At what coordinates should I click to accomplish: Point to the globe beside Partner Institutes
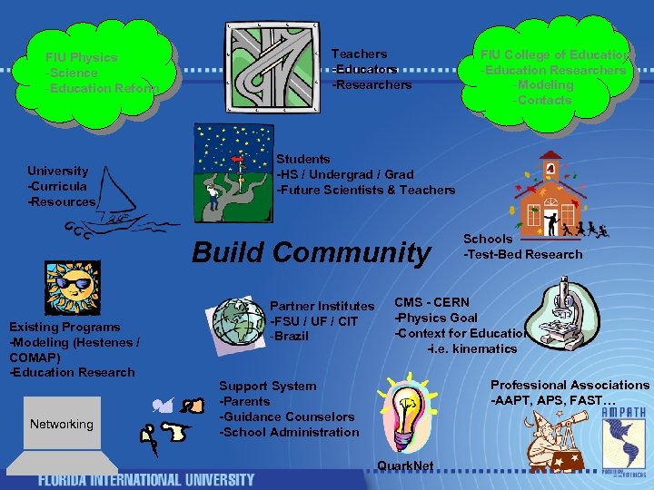pos(238,320)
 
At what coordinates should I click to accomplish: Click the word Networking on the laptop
pos(61,424)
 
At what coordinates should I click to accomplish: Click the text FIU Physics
pos(82,57)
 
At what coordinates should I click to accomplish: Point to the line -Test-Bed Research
pos(523,254)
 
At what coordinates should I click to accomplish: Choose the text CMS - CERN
pos(431,302)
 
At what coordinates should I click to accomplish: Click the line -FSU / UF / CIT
pos(313,321)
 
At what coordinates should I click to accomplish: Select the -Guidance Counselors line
pos(287,416)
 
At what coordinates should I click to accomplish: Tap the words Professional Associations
pos(570,385)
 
